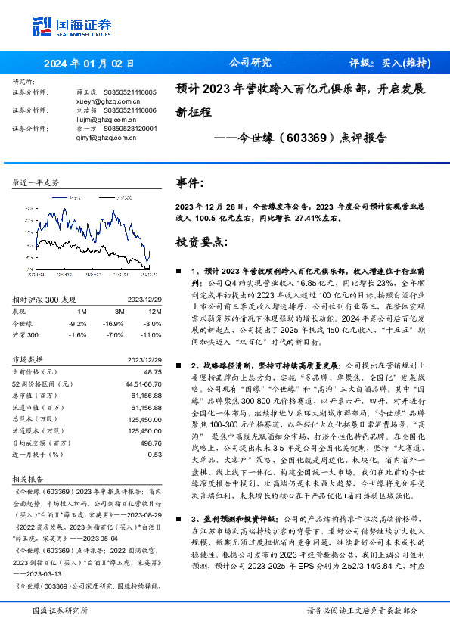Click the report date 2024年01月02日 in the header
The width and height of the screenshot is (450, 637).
click(88, 64)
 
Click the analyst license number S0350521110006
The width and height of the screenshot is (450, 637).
click(129, 110)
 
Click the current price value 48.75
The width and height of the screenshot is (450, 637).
click(152, 372)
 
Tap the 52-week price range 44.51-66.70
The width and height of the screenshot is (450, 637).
click(143, 384)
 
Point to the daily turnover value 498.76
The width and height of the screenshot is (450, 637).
click(151, 443)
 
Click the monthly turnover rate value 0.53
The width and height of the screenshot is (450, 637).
click(155, 455)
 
